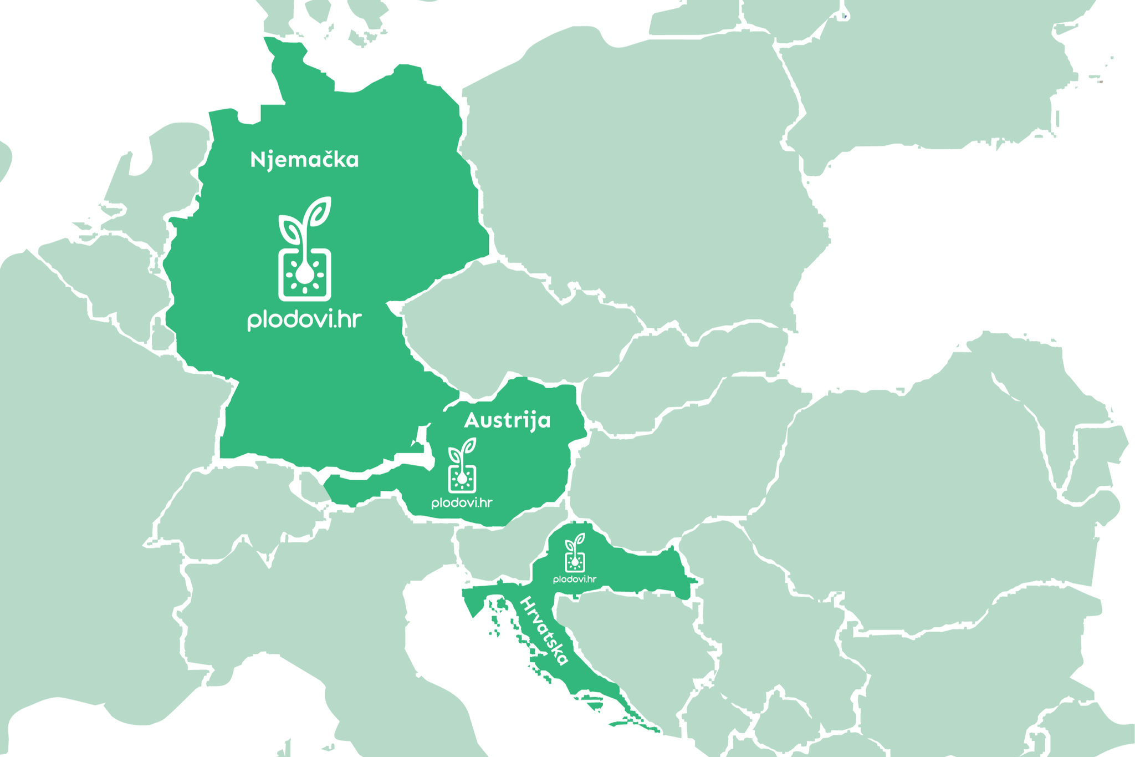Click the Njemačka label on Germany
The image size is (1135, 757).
pyautogui.click(x=304, y=160)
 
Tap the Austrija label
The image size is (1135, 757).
pyautogui.click(x=507, y=420)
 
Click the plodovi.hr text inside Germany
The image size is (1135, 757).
pyautogui.click(x=304, y=320)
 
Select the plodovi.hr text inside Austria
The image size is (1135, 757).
pyautogui.click(x=462, y=503)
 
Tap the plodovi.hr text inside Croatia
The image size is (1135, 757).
pyautogui.click(x=575, y=579)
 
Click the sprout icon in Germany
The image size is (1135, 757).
pyautogui.click(x=305, y=249)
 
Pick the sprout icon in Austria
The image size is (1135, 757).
pyautogui.click(x=462, y=465)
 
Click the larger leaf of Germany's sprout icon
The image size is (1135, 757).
pyautogui.click(x=320, y=211)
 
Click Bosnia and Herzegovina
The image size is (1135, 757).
pyautogui.click(x=626, y=638)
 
